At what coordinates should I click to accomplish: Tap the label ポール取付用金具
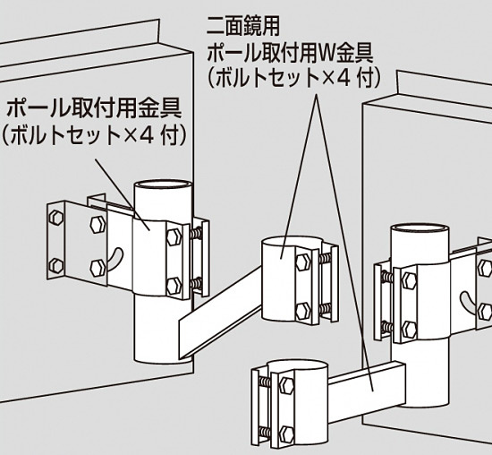point(94,110)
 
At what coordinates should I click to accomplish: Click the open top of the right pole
point(420,233)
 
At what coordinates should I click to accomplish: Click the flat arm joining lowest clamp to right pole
point(367,384)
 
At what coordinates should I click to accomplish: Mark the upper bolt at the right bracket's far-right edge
point(485,267)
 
